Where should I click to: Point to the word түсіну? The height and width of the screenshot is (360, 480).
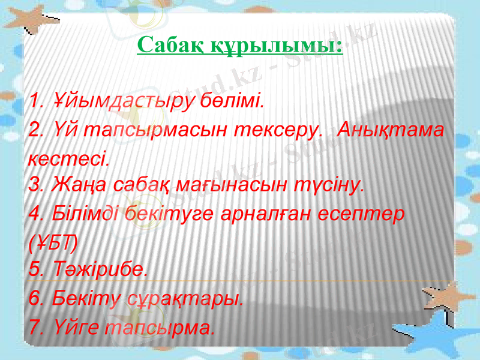coord(336,183)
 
